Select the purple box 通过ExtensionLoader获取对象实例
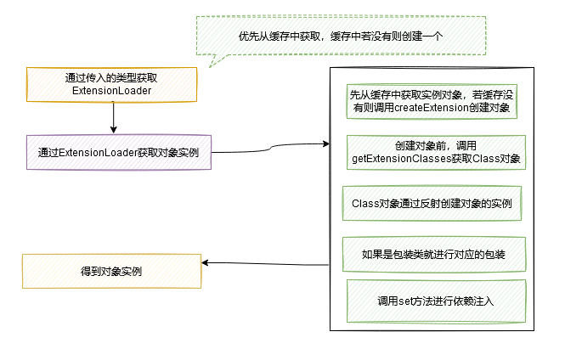(x=118, y=153)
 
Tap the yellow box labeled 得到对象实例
(x=111, y=272)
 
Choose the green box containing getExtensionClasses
(x=436, y=152)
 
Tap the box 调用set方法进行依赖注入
(x=435, y=301)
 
